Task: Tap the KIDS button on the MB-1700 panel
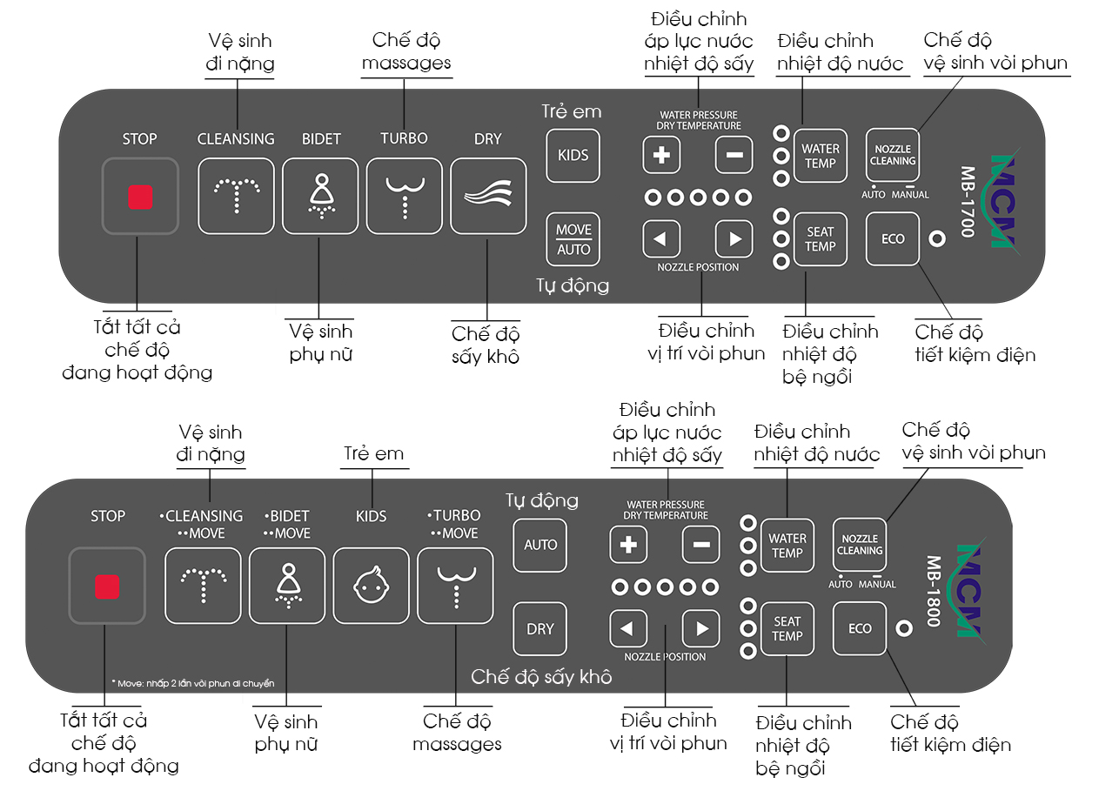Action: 573,155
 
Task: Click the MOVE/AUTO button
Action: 573,239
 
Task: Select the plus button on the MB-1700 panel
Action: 661,156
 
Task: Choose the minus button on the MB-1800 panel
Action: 700,546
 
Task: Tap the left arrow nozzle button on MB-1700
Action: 661,238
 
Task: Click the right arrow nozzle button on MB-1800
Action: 700,628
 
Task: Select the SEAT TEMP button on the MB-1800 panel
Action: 787,628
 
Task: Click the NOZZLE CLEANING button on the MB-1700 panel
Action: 893,155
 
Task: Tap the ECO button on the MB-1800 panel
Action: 860,628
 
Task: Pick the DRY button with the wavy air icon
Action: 488,196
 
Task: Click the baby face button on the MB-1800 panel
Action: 372,586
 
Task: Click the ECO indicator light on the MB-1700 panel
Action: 936,238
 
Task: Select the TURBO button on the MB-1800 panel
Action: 455,586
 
